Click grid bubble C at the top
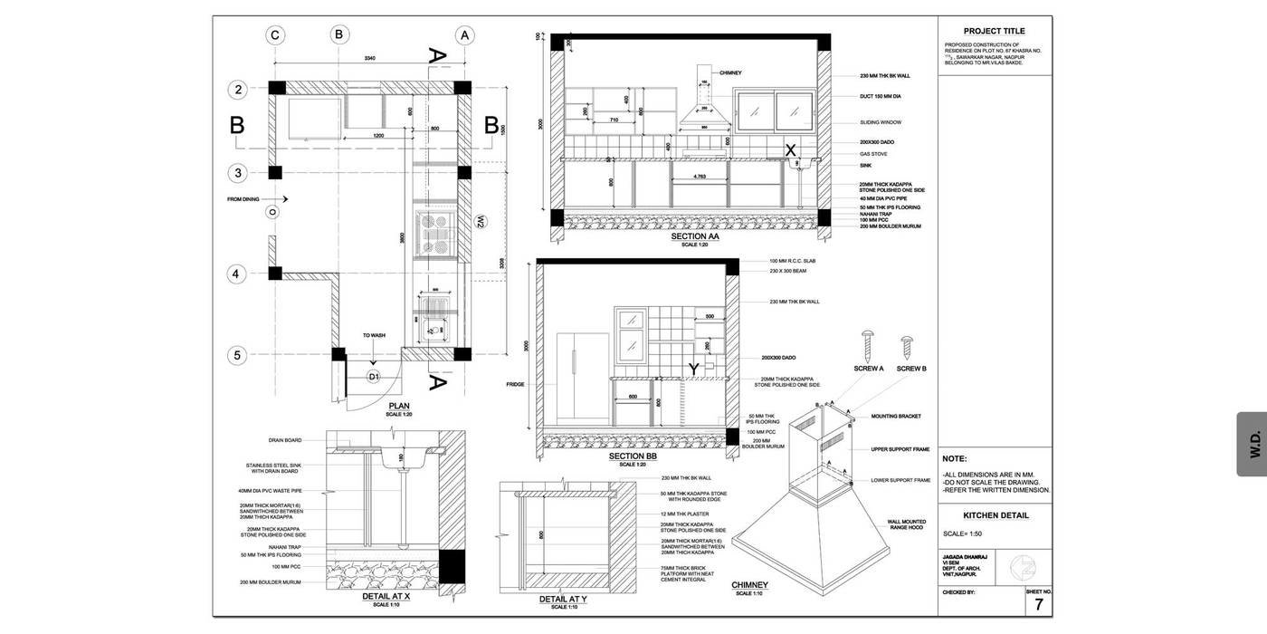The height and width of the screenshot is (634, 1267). pos(275,35)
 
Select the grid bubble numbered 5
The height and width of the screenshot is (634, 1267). pos(237,355)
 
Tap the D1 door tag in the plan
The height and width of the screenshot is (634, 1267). pos(374,376)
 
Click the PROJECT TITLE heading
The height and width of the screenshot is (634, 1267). pos(994,31)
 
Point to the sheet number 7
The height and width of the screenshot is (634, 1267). pos(1039,605)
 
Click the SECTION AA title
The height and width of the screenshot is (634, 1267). pos(695,236)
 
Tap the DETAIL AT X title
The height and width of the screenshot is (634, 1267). pos(387,597)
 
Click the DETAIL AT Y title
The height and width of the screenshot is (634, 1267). pos(564,599)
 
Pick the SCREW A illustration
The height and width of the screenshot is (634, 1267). pos(868,345)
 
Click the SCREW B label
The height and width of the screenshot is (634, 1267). pos(910,369)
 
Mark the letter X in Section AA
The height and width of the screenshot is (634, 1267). pos(790,150)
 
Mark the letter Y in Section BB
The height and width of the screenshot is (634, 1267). pos(693,370)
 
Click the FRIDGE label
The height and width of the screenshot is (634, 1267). pos(515,385)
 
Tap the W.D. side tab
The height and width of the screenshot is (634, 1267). pos(1254,444)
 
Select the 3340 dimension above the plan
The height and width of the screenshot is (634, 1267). pos(370,58)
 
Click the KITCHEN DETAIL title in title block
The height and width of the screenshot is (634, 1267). pos(995,515)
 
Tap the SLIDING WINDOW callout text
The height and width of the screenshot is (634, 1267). pos(881,122)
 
